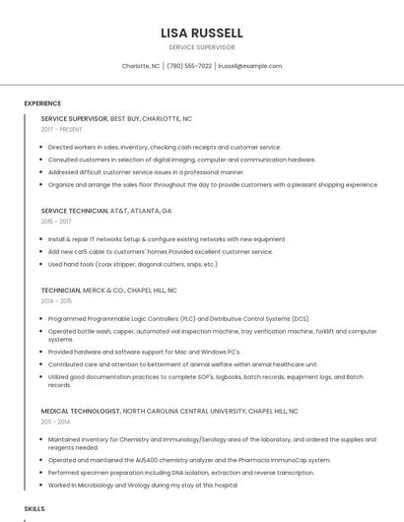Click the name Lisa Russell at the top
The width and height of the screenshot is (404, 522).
tap(201, 33)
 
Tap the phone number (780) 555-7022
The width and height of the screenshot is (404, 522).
tap(189, 66)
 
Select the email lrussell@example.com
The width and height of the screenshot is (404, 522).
tap(249, 66)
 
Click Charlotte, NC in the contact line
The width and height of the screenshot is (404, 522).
tap(141, 66)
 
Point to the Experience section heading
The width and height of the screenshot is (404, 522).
tap(42, 103)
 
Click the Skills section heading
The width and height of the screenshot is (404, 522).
tap(34, 508)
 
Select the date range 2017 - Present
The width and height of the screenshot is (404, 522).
tap(61, 129)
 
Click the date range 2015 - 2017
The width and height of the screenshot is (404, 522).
tap(56, 222)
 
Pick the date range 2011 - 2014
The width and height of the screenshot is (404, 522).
tap(56, 422)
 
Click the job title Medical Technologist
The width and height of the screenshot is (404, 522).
tap(80, 410)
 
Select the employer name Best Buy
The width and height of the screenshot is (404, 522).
tap(124, 118)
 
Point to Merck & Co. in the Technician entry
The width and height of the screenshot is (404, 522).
tap(103, 292)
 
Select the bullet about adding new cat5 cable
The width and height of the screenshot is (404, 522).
tap(160, 252)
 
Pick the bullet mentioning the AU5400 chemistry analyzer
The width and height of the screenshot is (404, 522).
tap(189, 460)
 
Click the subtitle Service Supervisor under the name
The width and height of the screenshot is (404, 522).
tap(201, 47)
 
